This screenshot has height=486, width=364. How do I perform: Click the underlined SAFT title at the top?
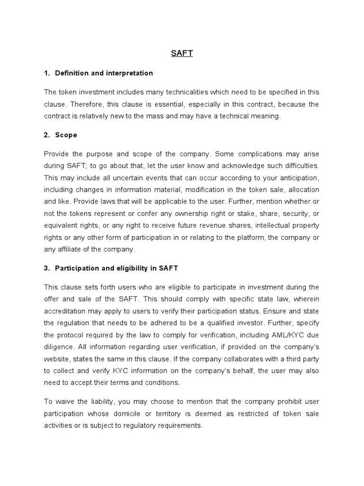point(182,54)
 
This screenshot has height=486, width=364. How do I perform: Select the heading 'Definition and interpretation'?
point(104,73)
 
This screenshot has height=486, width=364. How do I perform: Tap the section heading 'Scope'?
point(66,135)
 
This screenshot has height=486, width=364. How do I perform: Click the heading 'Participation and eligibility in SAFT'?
point(117,268)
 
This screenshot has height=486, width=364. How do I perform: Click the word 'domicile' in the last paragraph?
point(140,413)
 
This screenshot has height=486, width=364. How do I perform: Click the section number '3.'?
point(47,268)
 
